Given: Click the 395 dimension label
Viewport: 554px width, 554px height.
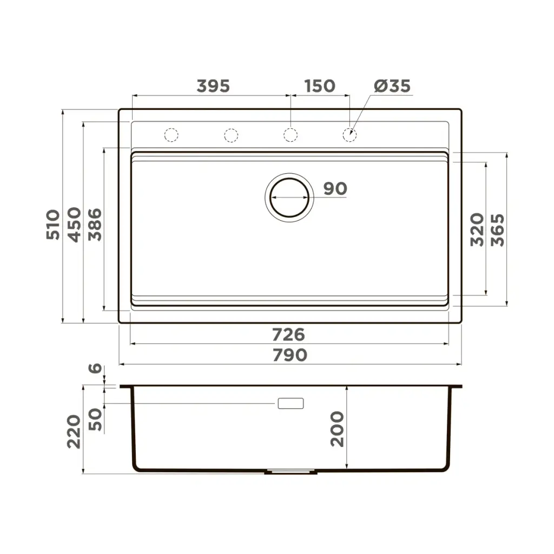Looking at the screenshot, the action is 213,86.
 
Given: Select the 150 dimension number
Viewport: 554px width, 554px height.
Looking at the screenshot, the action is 320,86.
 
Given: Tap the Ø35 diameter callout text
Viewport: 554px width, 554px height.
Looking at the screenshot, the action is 392,86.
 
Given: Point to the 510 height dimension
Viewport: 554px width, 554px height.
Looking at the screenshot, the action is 53,225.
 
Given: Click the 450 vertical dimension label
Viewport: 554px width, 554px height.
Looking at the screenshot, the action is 74,225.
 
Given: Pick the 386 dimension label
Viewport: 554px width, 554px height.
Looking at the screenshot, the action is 95,225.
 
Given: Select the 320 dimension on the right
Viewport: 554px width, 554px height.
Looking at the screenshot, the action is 477,229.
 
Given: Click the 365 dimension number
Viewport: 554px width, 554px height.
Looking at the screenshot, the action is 498,229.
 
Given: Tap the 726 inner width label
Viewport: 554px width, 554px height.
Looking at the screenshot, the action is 288,335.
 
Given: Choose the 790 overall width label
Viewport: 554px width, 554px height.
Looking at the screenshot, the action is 290,355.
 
